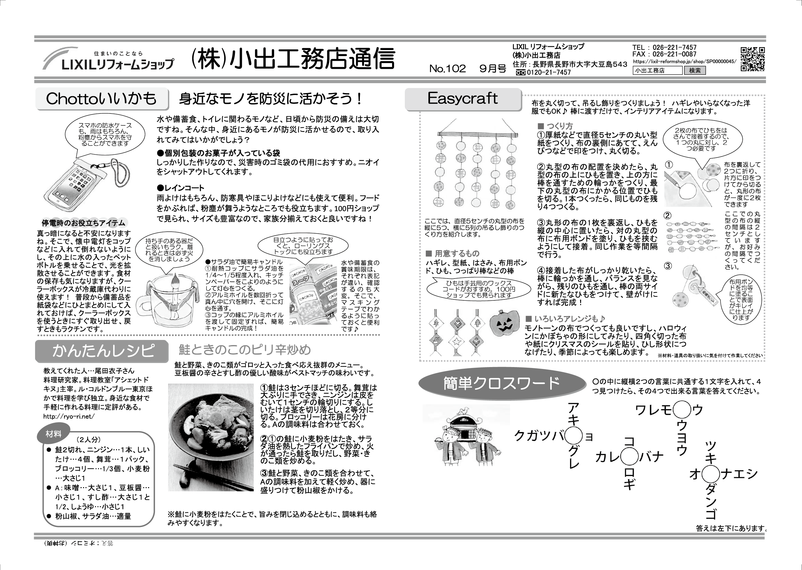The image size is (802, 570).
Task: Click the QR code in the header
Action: (x=753, y=59)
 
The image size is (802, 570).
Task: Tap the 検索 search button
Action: (x=695, y=70)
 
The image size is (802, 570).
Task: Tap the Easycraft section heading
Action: (x=463, y=99)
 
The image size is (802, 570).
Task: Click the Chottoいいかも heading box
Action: (x=101, y=99)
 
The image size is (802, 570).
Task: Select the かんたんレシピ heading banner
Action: (x=102, y=351)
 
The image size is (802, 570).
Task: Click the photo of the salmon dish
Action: (x=211, y=437)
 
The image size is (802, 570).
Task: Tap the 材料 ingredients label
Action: (x=53, y=434)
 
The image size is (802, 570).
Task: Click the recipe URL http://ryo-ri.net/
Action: (x=69, y=417)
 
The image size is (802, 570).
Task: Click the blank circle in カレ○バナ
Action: (x=629, y=457)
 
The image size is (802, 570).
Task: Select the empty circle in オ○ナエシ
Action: (x=710, y=474)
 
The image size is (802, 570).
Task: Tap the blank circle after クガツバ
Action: (x=573, y=436)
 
